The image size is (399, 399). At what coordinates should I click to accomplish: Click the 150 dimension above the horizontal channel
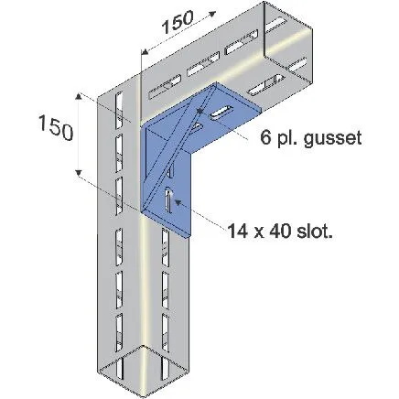[x=178, y=22]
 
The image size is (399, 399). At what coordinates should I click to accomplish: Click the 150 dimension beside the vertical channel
[x=56, y=128]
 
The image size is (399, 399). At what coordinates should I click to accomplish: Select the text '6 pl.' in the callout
[x=279, y=138]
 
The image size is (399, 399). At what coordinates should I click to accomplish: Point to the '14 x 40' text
[x=259, y=232]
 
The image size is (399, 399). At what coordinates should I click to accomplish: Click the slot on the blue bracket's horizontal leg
[x=221, y=112]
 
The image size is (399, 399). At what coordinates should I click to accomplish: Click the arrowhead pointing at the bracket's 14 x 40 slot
[x=178, y=201]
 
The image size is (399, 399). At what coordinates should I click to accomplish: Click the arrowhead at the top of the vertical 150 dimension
[x=79, y=96]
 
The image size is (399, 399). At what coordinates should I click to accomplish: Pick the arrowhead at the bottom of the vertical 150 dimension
[x=79, y=173]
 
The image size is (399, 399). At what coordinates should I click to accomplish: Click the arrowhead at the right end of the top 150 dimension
[x=212, y=14]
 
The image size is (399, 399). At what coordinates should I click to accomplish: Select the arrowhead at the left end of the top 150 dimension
[x=146, y=50]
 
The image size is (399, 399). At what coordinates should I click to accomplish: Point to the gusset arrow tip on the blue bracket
[x=199, y=112]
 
